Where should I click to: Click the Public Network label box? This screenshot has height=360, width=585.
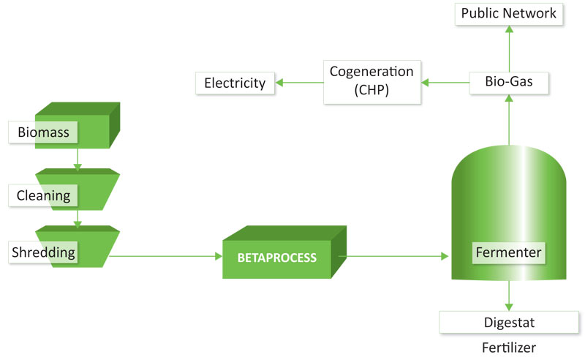point(508,14)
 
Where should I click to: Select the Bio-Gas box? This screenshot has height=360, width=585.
point(508,83)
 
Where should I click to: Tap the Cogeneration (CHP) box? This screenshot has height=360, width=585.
point(372,82)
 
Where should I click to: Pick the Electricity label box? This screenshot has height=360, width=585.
point(235,83)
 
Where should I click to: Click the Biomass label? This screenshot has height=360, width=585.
point(43,132)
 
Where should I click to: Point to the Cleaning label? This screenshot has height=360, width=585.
point(43,195)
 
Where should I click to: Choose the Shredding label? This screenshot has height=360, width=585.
point(43,252)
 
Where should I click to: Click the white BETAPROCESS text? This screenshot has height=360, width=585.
point(277,258)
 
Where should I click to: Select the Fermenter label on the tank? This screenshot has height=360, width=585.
point(508,253)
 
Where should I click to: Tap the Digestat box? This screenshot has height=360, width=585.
point(509,322)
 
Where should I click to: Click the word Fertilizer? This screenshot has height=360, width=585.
point(509,348)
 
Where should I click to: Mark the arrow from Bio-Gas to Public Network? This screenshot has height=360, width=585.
point(509,48)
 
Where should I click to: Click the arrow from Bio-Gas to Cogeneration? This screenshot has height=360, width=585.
point(445,83)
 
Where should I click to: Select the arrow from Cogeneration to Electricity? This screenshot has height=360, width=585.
point(299,83)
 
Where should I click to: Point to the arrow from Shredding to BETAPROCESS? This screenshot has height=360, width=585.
point(166,256)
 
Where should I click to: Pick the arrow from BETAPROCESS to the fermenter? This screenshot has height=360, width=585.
point(393,256)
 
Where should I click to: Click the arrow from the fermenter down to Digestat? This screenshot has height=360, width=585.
point(509,296)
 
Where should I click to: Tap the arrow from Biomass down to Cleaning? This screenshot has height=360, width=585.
point(78,160)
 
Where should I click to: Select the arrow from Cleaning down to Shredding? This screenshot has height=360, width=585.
point(78,220)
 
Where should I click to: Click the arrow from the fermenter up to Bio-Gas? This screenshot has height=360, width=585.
point(509,120)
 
